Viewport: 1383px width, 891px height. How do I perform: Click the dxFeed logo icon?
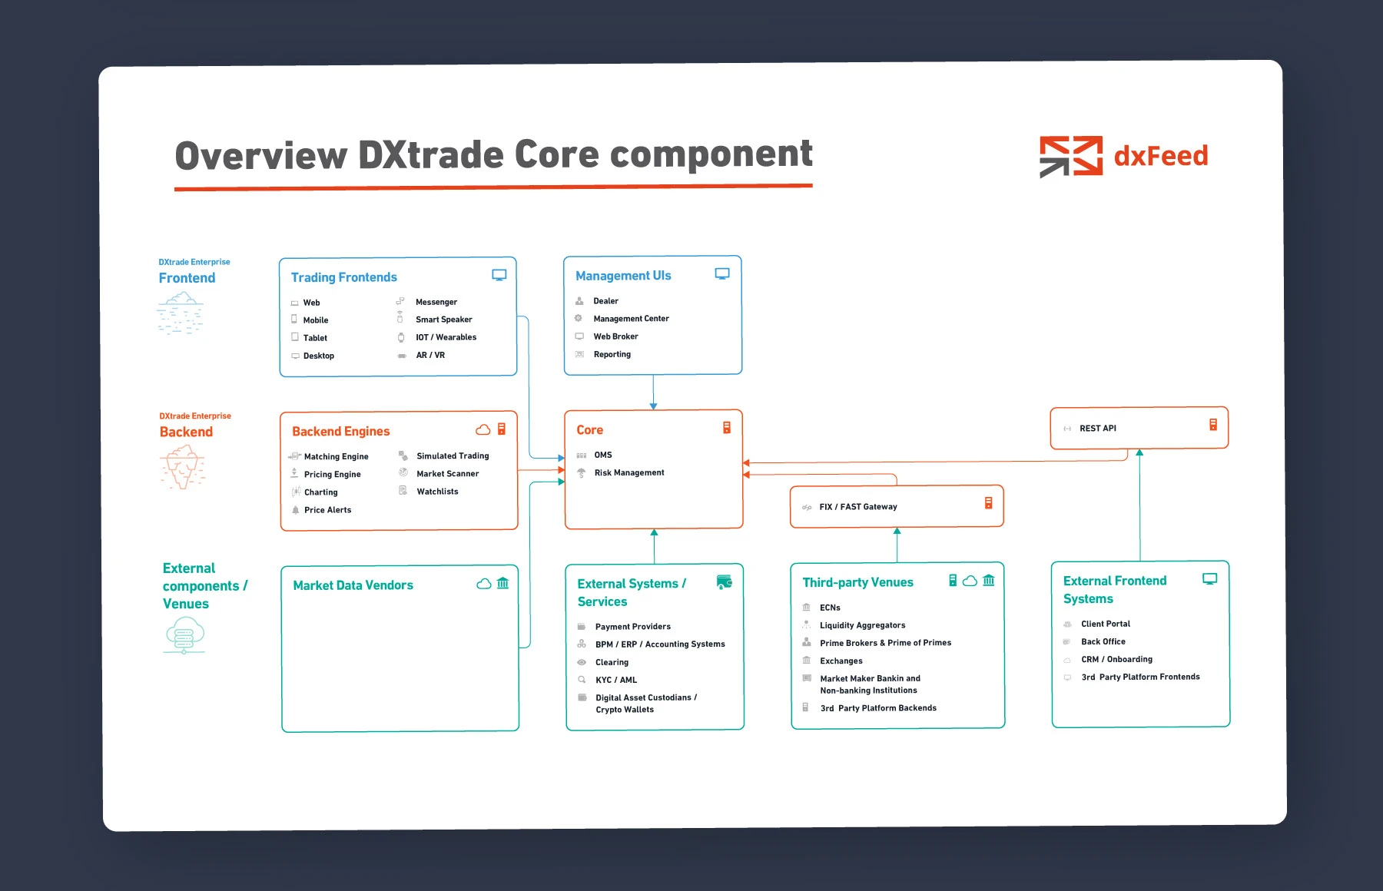point(1070,156)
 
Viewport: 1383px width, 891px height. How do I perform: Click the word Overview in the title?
point(261,155)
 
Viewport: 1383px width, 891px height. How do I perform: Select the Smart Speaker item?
point(443,320)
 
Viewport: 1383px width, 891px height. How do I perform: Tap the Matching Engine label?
point(336,456)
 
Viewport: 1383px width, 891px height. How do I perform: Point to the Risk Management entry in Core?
point(628,472)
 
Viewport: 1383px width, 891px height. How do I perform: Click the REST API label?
point(1097,429)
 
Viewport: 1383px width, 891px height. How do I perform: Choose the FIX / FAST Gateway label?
point(857,507)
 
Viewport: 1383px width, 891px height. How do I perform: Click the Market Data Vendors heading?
point(353,585)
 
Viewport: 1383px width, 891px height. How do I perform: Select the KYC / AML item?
point(615,680)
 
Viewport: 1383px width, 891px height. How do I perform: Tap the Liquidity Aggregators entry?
point(862,625)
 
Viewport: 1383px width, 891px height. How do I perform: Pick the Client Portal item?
point(1105,624)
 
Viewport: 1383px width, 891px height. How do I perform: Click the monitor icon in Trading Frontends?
point(499,275)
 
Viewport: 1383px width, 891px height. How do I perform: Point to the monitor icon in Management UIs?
point(722,273)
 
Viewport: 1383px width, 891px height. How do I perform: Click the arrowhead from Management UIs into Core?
point(653,406)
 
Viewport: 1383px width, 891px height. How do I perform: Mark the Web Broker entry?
point(615,336)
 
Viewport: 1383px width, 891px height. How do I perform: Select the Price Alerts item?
point(327,510)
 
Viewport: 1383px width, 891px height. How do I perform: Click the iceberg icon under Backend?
point(183,467)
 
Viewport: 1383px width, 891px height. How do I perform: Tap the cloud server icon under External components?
point(184,635)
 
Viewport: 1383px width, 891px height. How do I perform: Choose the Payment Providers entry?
point(632,627)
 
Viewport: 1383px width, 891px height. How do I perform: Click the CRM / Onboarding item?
point(1116,659)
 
